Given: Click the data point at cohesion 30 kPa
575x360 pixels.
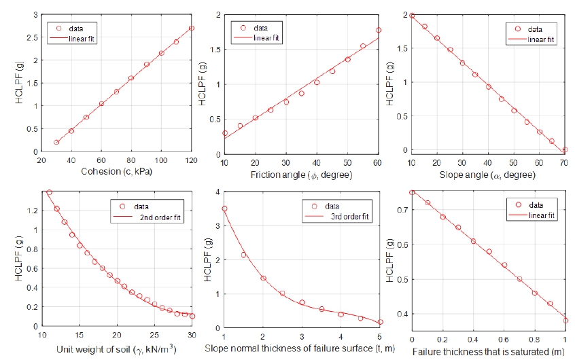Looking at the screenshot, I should [x=56, y=142].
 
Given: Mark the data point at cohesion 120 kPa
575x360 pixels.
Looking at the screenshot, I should [x=192, y=29].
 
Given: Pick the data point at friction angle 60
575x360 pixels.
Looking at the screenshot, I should [x=379, y=30].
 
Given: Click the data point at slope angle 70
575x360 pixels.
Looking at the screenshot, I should [x=565, y=149].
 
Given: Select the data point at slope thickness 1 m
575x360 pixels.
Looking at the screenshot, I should [x=225, y=209].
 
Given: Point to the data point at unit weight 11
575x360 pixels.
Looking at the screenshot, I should [x=49, y=192].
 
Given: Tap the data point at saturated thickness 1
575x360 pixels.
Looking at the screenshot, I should [x=565, y=321].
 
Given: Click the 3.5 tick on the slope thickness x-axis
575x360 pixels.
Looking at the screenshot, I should [x=321, y=338].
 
